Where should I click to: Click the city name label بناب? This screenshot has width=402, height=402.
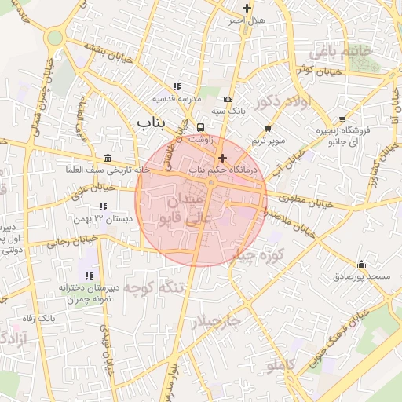pyautogui.click(x=154, y=122)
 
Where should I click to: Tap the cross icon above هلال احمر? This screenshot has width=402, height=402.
pyautogui.click(x=247, y=9)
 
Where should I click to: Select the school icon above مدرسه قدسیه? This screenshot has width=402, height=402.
pyautogui.click(x=177, y=87)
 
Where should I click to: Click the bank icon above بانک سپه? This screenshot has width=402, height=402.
pyautogui.click(x=228, y=100)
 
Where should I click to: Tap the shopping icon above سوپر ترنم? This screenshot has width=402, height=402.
pyautogui.click(x=268, y=128)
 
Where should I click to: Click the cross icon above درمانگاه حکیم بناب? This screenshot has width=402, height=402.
pyautogui.click(x=222, y=158)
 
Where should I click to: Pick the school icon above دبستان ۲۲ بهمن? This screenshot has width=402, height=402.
pyautogui.click(x=101, y=206)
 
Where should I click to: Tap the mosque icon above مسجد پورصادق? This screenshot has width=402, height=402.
pyautogui.click(x=361, y=264)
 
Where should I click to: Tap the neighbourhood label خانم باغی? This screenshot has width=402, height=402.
pyautogui.click(x=339, y=52)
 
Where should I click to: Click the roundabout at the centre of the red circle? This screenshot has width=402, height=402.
pyautogui.click(x=211, y=184)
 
